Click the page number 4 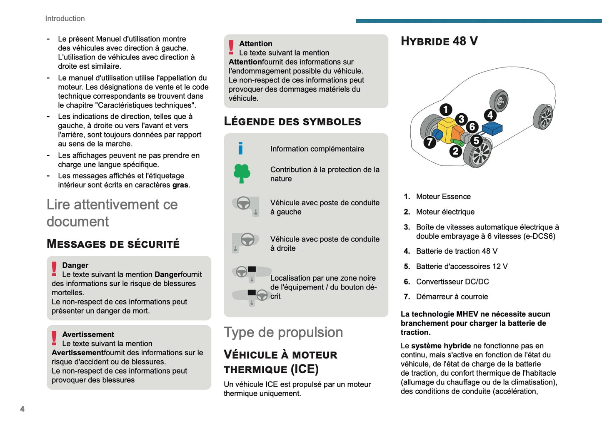tap(22, 409)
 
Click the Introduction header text tap(65, 19)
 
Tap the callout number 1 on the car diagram tap(446, 110)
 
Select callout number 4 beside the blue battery tap(490, 115)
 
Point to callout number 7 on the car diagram tap(430, 142)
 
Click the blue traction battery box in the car tap(492, 128)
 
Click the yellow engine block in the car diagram tap(447, 127)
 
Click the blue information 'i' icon tap(240, 148)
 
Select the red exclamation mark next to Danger tap(54, 269)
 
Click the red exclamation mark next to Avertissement tap(54, 338)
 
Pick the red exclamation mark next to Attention tap(231, 47)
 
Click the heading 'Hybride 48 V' tap(439, 41)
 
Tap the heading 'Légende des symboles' tap(292, 121)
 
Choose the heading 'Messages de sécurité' tap(113, 244)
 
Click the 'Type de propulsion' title tap(283, 332)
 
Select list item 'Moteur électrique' tap(445, 212)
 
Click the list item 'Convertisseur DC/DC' tap(452, 282)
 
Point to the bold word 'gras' tap(180, 185)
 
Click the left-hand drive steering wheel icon tap(245, 205)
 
